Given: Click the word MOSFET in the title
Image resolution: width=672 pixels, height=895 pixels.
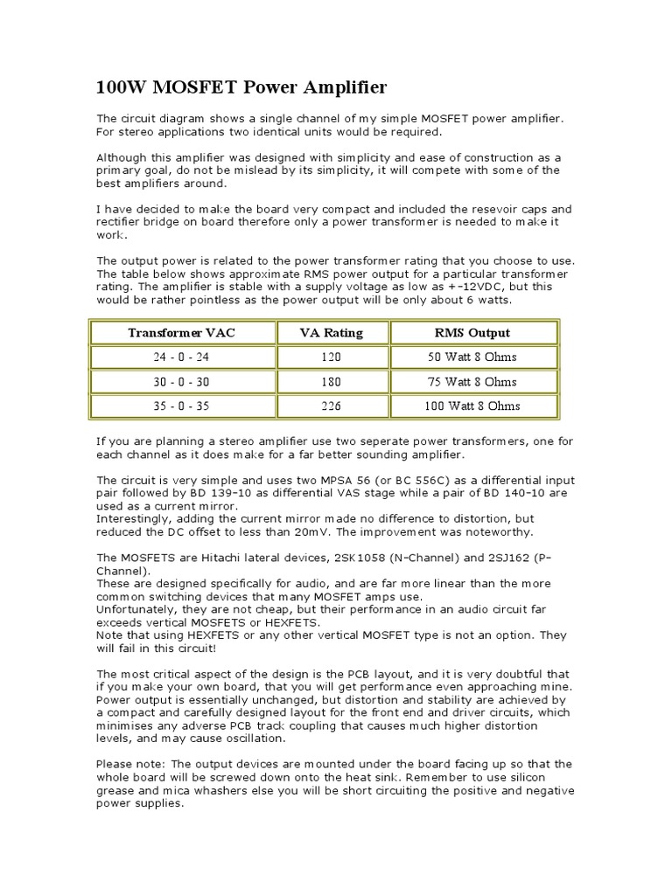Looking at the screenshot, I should tap(190, 88).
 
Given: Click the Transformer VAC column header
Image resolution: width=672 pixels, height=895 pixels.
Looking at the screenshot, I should tap(182, 333).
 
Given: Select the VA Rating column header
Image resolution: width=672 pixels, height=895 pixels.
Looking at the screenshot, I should tap(332, 333).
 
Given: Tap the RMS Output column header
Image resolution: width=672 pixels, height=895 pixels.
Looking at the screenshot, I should tap(472, 333).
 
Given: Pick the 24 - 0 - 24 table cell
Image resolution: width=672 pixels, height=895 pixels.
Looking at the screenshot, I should tap(182, 357).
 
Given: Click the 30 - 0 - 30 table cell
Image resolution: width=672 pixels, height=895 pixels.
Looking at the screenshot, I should tap(182, 382).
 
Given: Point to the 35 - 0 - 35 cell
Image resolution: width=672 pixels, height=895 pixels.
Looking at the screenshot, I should tap(182, 406).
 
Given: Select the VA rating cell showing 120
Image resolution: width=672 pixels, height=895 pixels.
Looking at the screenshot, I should tap(332, 357).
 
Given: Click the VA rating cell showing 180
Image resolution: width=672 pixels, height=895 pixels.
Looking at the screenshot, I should tap(332, 382).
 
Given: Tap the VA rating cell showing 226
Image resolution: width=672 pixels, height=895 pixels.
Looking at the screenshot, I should tap(332, 406).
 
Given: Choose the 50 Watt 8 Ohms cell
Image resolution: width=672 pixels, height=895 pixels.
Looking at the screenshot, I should tap(472, 357).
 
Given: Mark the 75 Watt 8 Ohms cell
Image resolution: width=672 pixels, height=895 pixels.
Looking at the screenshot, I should tap(472, 382).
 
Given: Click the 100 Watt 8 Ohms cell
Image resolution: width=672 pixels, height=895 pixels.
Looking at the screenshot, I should tap(472, 406).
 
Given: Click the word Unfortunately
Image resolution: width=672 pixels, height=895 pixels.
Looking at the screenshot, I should tap(136, 608).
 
